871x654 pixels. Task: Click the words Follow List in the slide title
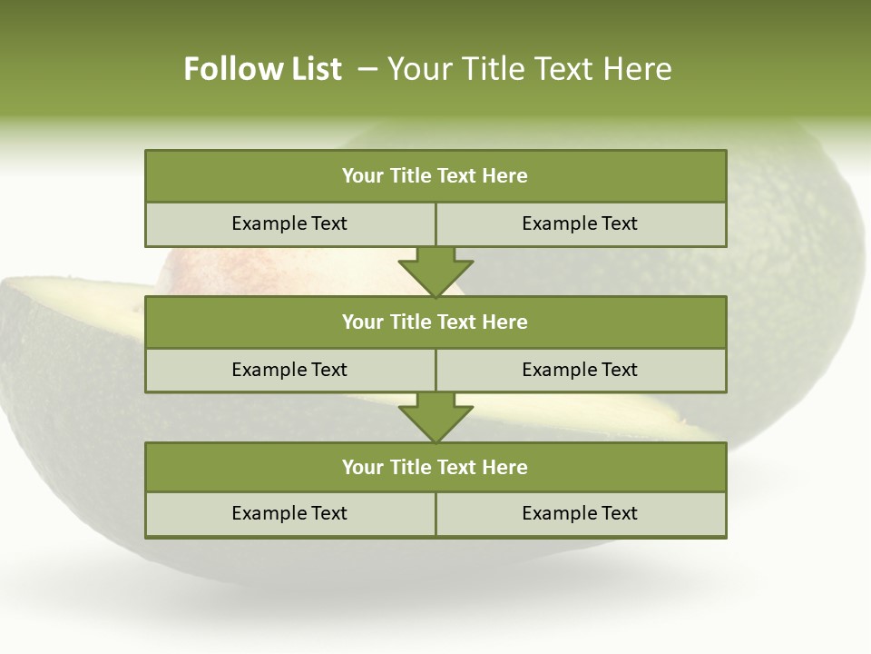coord(262,69)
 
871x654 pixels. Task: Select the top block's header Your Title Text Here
coord(435,176)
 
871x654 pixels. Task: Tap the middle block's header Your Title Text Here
coord(435,322)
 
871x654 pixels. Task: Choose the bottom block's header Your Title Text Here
coord(435,467)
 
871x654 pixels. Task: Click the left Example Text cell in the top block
coord(289,223)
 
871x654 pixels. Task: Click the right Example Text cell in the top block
coord(580,223)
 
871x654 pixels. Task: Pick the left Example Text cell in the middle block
coord(289,370)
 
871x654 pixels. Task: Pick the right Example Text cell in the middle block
coord(580,370)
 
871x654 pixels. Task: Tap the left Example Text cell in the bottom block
coord(289,513)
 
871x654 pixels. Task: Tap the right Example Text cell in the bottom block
coord(580,513)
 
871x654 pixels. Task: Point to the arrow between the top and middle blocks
coord(435,272)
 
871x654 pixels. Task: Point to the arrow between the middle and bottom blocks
coord(435,418)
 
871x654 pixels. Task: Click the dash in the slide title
coord(367,69)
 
